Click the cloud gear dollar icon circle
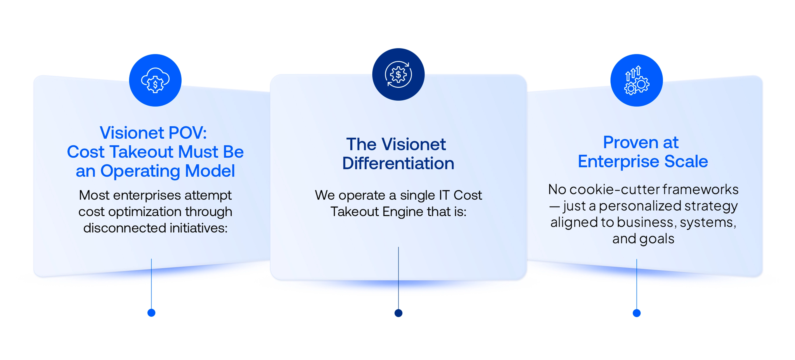tap(155, 80)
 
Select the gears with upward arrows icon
tap(636, 80)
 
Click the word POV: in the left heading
tap(188, 133)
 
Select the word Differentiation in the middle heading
tap(398, 163)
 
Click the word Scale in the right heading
tap(686, 162)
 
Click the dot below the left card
tap(151, 313)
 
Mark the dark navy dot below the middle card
tap(398, 313)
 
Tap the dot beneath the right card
tap(637, 313)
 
